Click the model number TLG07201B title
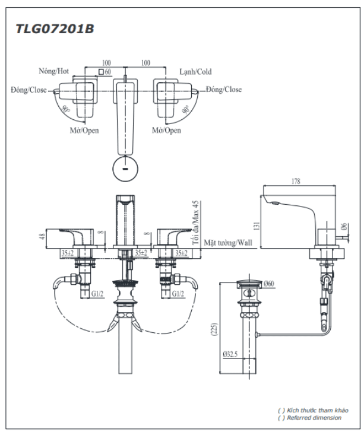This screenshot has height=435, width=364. (x=55, y=29)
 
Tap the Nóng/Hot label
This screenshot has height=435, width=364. (x=55, y=71)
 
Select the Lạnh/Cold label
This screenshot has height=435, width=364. (x=196, y=71)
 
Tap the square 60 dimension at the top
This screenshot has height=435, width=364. (x=105, y=72)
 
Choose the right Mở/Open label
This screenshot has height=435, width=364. (x=166, y=131)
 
